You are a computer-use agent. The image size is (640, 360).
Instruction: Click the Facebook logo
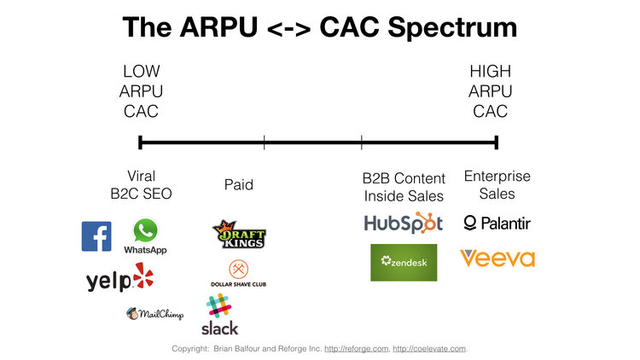click(x=96, y=236)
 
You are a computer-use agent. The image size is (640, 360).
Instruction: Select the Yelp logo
click(x=120, y=278)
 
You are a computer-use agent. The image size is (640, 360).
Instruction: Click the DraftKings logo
click(x=239, y=234)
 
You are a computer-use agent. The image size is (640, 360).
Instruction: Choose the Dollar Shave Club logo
click(x=238, y=274)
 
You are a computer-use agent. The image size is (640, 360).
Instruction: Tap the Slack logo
click(x=220, y=315)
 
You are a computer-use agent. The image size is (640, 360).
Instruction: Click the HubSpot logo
click(x=404, y=224)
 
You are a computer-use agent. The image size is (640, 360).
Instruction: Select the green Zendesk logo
click(x=404, y=262)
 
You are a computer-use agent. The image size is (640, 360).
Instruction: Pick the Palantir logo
click(x=497, y=224)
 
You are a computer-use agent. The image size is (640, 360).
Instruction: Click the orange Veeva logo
click(x=497, y=258)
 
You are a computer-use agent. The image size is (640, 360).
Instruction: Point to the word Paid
click(x=239, y=184)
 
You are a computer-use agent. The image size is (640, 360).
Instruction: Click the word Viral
click(x=141, y=176)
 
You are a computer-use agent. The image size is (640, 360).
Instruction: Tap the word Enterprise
click(x=497, y=176)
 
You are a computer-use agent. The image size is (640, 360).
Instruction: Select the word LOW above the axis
click(x=141, y=72)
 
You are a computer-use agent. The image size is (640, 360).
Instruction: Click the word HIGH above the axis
click(x=490, y=72)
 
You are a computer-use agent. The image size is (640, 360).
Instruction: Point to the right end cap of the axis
click(x=497, y=142)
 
